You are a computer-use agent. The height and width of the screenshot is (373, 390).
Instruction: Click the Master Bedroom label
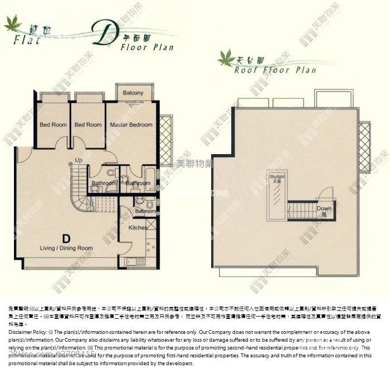[131, 125]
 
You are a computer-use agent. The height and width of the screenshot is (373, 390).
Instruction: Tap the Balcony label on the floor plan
[133, 93]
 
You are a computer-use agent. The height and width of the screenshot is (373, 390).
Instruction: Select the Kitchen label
[138, 228]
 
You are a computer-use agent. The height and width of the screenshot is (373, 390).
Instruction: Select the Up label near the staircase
[79, 160]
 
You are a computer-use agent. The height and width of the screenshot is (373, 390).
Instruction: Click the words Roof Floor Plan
[275, 70]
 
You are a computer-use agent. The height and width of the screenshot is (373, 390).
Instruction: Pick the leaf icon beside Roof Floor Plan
[226, 57]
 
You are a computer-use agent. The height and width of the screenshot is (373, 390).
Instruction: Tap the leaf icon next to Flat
[13, 23]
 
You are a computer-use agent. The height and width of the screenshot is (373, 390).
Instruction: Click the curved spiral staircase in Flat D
[82, 193]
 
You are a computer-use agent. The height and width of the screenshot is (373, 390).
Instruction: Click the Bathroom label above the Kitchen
[145, 212]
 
